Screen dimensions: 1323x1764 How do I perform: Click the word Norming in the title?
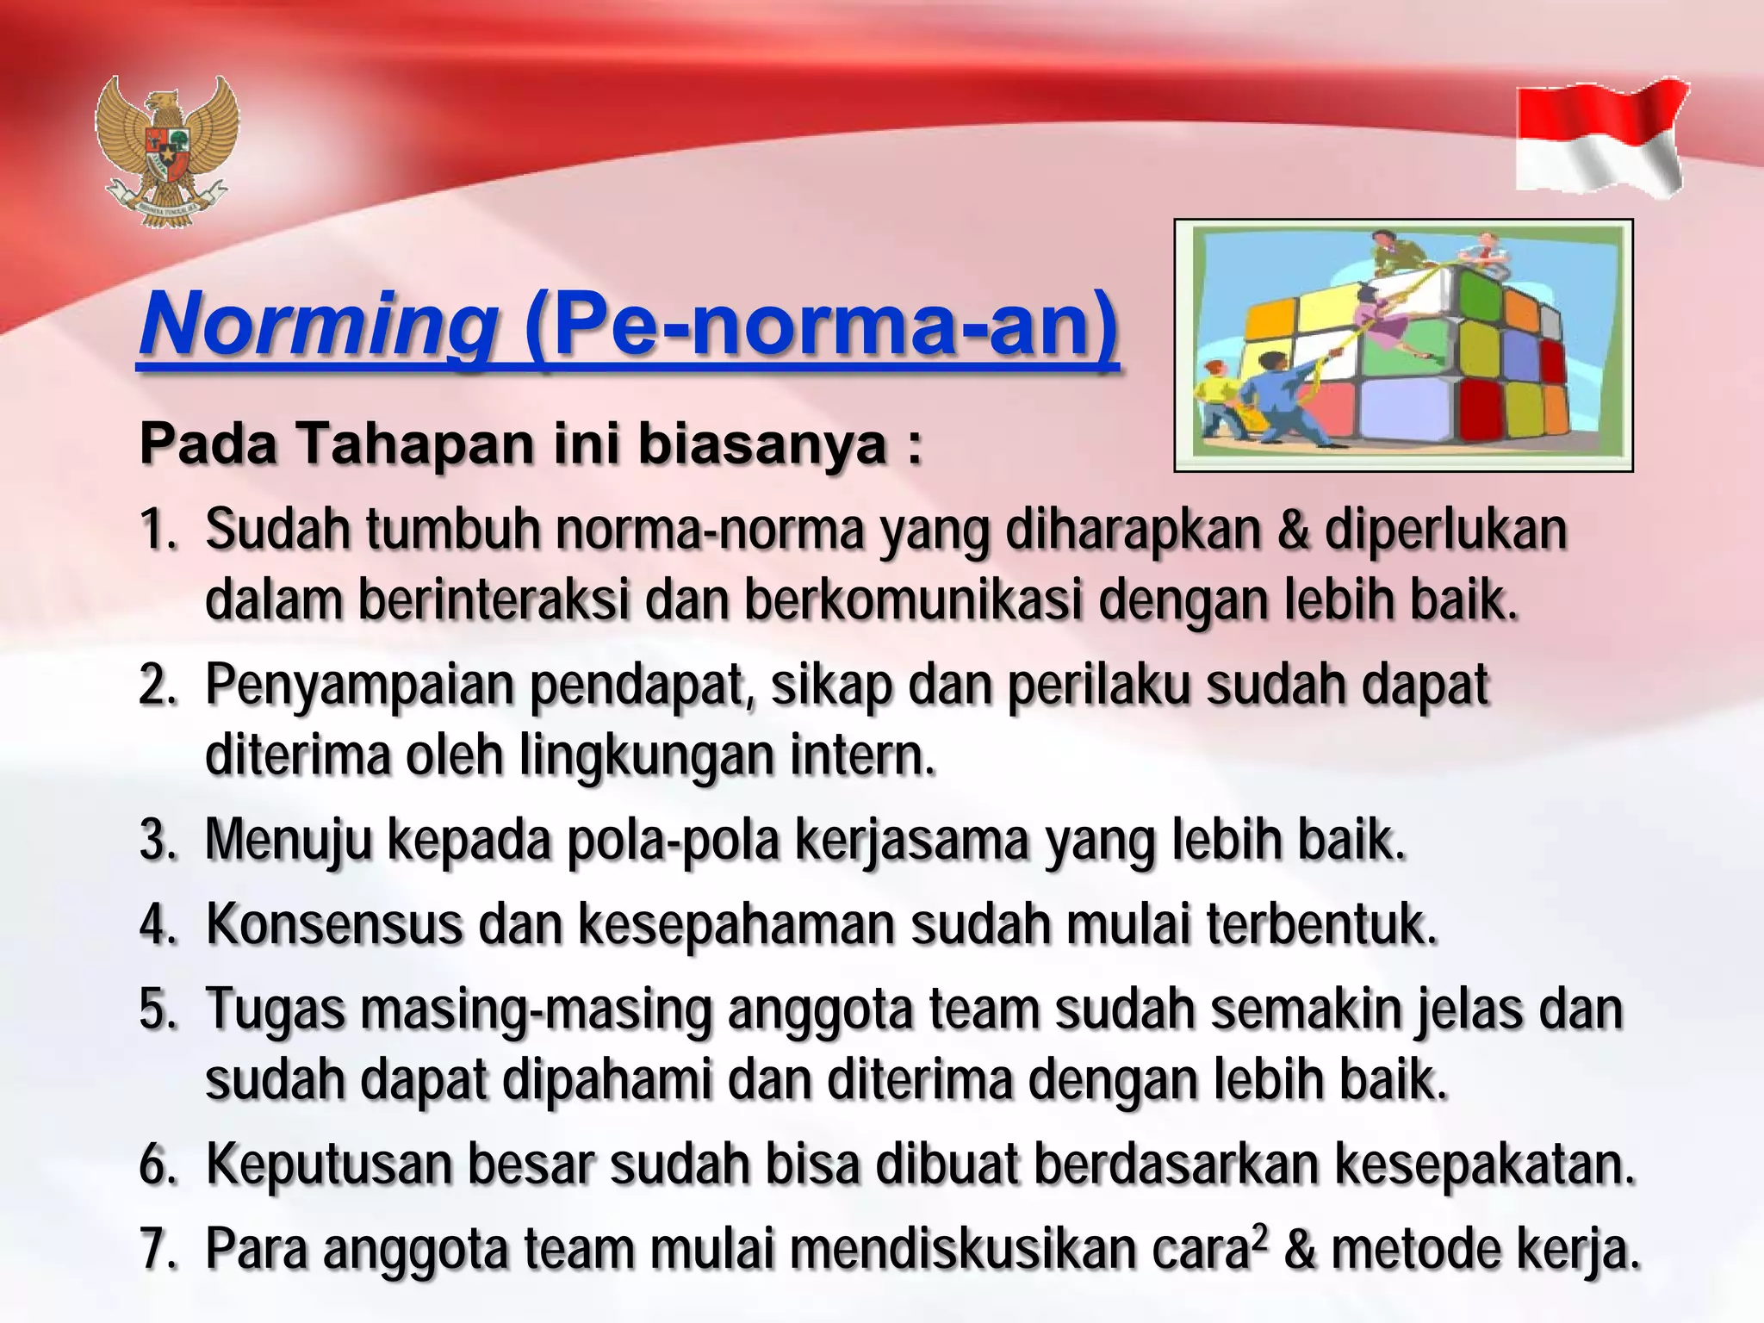[x=319, y=326]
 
